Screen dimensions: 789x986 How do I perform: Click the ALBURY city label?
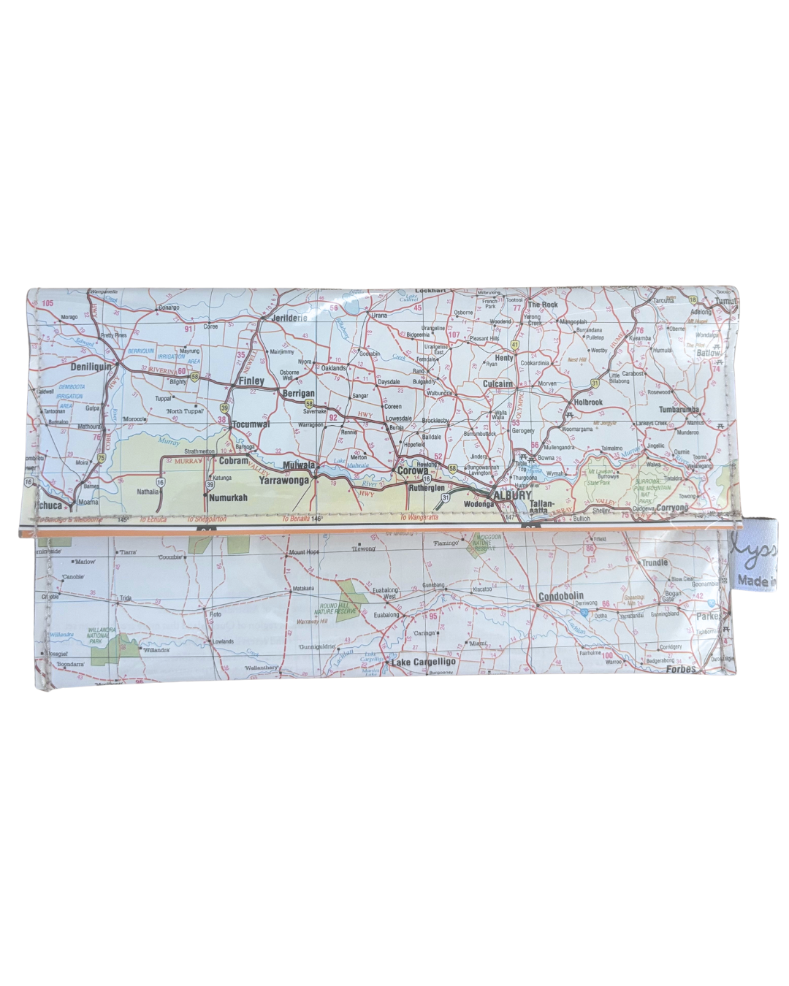point(513,494)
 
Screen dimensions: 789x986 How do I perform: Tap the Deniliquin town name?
point(91,366)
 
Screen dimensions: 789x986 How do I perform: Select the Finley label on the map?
point(251,381)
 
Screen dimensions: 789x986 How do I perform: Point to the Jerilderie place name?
point(289,318)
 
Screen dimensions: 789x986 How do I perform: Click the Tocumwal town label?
point(251,424)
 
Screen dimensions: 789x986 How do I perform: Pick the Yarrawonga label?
point(283,481)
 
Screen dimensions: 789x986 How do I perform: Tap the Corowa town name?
point(412,471)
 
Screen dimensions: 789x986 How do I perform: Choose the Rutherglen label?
point(427,487)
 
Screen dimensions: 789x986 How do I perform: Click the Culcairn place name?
point(498,383)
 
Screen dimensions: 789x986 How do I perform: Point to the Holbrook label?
point(588,402)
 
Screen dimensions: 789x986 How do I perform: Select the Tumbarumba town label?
point(679,410)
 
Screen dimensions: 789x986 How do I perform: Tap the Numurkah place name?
point(228,497)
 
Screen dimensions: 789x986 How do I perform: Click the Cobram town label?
point(234,461)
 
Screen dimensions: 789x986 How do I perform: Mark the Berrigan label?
point(298,394)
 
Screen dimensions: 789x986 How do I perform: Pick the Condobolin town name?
point(561,597)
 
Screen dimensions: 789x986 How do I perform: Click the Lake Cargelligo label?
point(424,662)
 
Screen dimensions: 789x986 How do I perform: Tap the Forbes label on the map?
point(681,669)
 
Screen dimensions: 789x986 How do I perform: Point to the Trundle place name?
point(655,562)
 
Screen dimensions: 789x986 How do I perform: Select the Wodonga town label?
point(479,504)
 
